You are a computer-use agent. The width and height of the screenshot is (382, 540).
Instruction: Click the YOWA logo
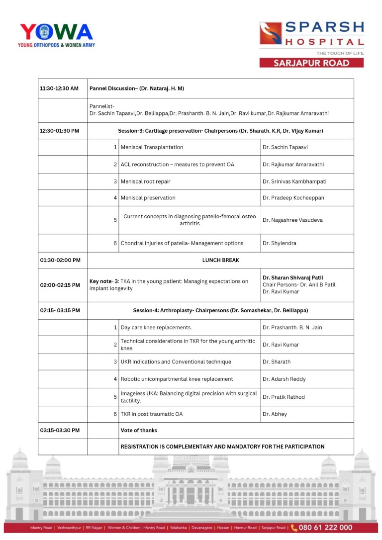pos(56,34)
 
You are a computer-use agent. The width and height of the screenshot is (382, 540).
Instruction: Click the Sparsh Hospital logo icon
pos(270,33)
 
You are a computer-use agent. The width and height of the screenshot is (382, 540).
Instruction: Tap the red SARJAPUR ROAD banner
pos(311,63)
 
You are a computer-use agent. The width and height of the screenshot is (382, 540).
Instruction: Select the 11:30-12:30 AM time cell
pos(59,89)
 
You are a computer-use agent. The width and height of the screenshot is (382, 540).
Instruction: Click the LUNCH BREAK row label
pos(220,260)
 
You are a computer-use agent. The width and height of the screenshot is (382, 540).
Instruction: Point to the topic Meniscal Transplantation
pos(152,147)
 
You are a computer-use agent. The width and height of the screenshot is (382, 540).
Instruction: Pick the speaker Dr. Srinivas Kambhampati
pos(294,181)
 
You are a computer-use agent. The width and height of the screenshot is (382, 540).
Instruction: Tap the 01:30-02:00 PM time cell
pos(60,260)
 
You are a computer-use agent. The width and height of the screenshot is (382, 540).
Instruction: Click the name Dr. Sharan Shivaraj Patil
pos(293,277)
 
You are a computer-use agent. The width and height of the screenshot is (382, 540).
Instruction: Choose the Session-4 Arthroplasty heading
pos(220,310)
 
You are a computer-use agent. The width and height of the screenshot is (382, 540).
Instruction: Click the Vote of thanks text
pos(139,430)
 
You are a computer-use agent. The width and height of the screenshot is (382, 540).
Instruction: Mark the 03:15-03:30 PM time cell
pos(60,430)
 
